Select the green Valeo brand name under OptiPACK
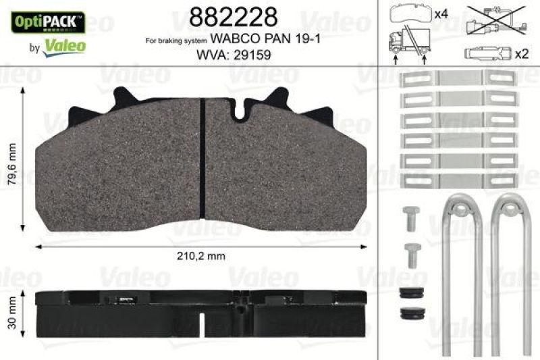pyautogui.click(x=64, y=47)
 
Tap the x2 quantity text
pyautogui.click(x=521, y=53)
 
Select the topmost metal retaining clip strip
pyautogui.click(x=459, y=79)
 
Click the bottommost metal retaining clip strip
pyautogui.click(x=459, y=180)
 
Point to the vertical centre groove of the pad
pyautogui.click(x=203, y=159)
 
